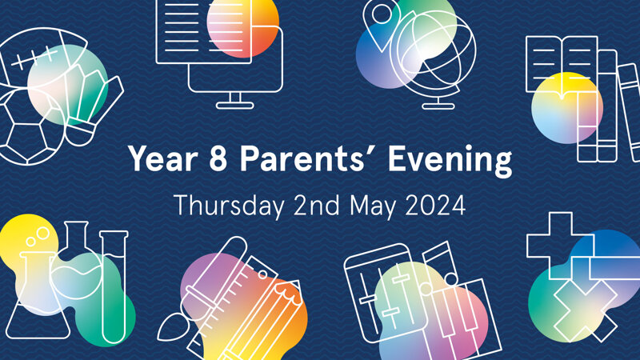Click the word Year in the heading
(163, 158)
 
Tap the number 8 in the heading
(218, 158)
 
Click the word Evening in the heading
(450, 161)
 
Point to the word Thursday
(229, 206)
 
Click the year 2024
(435, 206)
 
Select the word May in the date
(373, 207)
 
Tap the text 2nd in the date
(316, 205)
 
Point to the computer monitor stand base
(234, 106)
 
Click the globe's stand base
(438, 106)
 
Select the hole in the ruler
(262, 274)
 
